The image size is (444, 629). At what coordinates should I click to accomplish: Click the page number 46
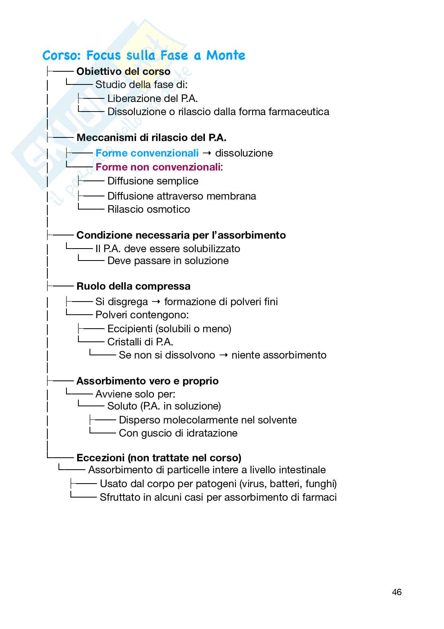[396, 592]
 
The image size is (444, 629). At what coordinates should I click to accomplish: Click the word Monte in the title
[225, 55]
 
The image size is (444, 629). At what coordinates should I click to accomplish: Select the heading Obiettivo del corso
[123, 72]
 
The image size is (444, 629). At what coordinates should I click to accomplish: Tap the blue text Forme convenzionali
[147, 153]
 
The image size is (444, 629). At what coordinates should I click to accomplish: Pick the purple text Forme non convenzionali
[158, 167]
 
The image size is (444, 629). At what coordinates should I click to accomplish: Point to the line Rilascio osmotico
[148, 209]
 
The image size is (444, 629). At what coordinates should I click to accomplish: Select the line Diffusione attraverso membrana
[181, 196]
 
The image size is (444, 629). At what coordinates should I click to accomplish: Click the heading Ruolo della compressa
[133, 286]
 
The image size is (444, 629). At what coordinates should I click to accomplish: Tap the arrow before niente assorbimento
[223, 355]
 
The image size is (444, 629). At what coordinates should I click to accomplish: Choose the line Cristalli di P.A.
[140, 342]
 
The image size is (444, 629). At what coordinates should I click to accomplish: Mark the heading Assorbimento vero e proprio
[147, 381]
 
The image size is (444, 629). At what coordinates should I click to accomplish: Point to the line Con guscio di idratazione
[178, 433]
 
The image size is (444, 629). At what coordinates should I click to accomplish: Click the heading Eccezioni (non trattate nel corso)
[159, 457]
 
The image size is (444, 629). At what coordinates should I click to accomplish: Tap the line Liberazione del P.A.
[152, 98]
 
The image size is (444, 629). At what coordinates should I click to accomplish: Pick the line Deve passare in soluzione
[168, 261]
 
